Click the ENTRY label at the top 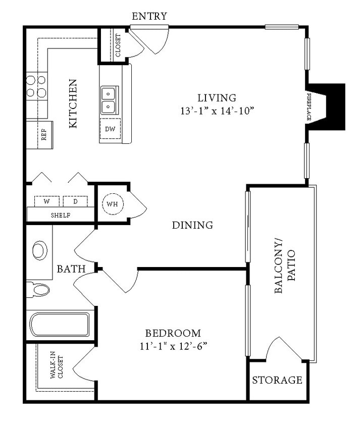tap(149, 16)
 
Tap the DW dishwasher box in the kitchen tap(110, 129)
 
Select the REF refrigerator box tap(44, 135)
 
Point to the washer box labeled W tap(47, 201)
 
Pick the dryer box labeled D tap(75, 201)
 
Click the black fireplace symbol tap(328, 107)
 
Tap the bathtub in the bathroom tap(60, 325)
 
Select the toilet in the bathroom tap(39, 290)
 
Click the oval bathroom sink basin tap(40, 250)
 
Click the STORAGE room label tap(277, 380)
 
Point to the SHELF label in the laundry tap(61, 215)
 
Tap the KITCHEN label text tap(73, 103)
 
